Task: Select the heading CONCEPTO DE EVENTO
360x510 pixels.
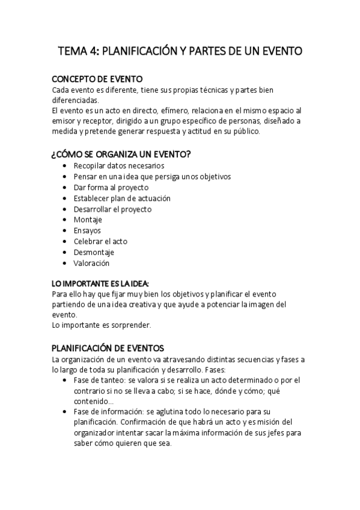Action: (x=97, y=79)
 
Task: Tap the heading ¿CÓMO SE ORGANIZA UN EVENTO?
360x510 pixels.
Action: (x=121, y=155)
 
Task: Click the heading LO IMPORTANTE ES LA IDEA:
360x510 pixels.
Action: (x=100, y=283)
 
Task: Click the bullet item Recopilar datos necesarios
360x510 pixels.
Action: (x=118, y=166)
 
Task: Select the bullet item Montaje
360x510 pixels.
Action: (x=88, y=220)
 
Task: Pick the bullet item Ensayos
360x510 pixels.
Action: (x=87, y=231)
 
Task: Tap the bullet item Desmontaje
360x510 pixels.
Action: (x=94, y=253)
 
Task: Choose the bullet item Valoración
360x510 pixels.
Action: (x=91, y=263)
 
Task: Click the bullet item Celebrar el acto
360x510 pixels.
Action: (x=100, y=242)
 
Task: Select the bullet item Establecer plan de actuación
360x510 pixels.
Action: (x=122, y=198)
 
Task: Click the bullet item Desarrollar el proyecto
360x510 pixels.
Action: (x=112, y=209)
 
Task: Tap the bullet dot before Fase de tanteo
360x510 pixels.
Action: (x=66, y=380)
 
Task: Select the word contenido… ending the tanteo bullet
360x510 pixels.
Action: (x=92, y=401)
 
